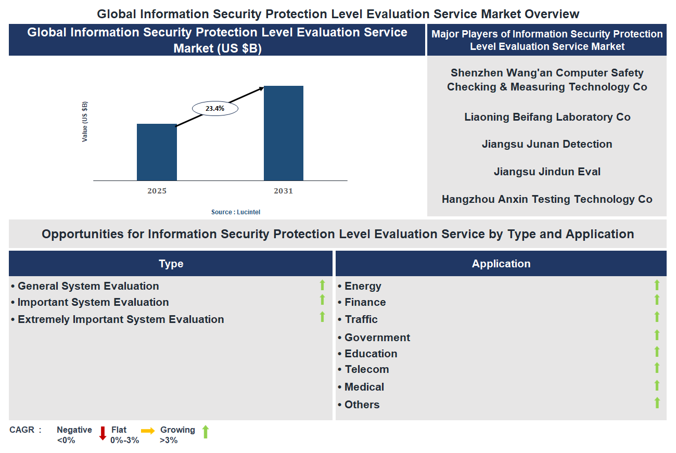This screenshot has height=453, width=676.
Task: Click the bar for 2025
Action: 157,152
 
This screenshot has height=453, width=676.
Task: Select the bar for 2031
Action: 284,133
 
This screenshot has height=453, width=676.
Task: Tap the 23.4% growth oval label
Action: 215,109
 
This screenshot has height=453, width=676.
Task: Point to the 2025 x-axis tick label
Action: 157,191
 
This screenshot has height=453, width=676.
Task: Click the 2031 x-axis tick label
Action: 284,191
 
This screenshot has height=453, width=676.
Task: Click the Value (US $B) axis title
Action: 85,122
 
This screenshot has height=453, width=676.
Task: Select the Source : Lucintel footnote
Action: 236,212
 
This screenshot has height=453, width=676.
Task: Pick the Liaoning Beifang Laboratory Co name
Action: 547,117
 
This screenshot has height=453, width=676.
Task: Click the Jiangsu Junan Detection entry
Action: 547,144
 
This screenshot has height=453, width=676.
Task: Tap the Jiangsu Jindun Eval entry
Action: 547,172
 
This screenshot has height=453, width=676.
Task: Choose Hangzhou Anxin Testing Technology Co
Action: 547,199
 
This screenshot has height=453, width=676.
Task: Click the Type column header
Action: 171,264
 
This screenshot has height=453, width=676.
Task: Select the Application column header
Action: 501,264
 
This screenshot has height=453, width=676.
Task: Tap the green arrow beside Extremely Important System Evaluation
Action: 322,317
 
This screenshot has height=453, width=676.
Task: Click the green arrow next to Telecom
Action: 657,368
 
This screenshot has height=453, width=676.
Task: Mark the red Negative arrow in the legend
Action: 103,433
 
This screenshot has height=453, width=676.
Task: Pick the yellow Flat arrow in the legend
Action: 148,431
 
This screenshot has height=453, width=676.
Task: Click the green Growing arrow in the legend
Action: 205,432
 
